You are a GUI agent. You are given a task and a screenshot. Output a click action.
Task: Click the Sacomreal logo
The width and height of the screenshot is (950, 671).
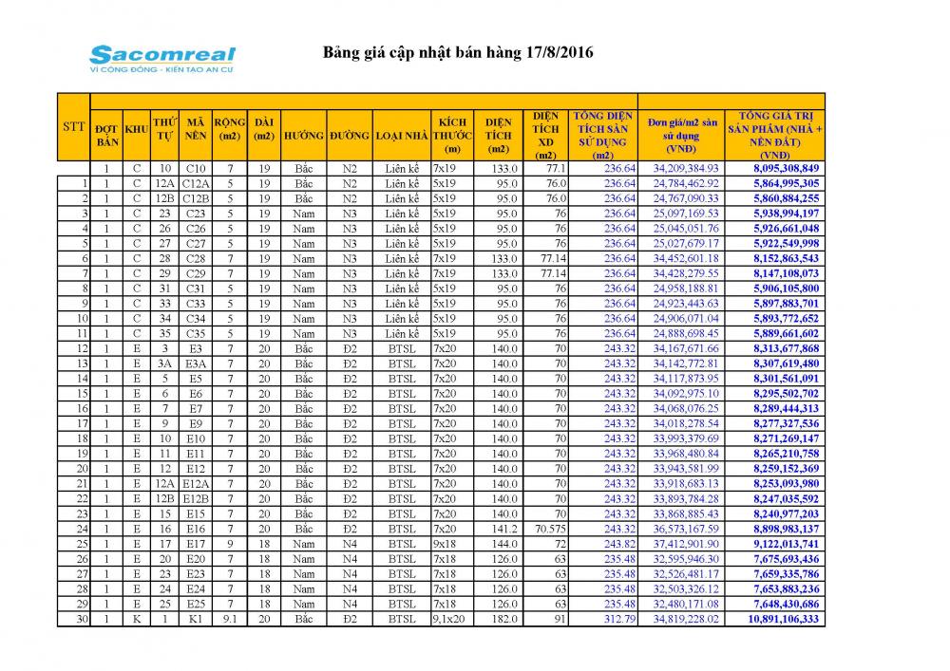click(x=161, y=58)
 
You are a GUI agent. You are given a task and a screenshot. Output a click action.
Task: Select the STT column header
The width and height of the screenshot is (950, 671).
click(x=73, y=126)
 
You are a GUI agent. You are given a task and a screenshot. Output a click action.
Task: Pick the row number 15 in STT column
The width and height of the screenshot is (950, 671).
click(x=84, y=394)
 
